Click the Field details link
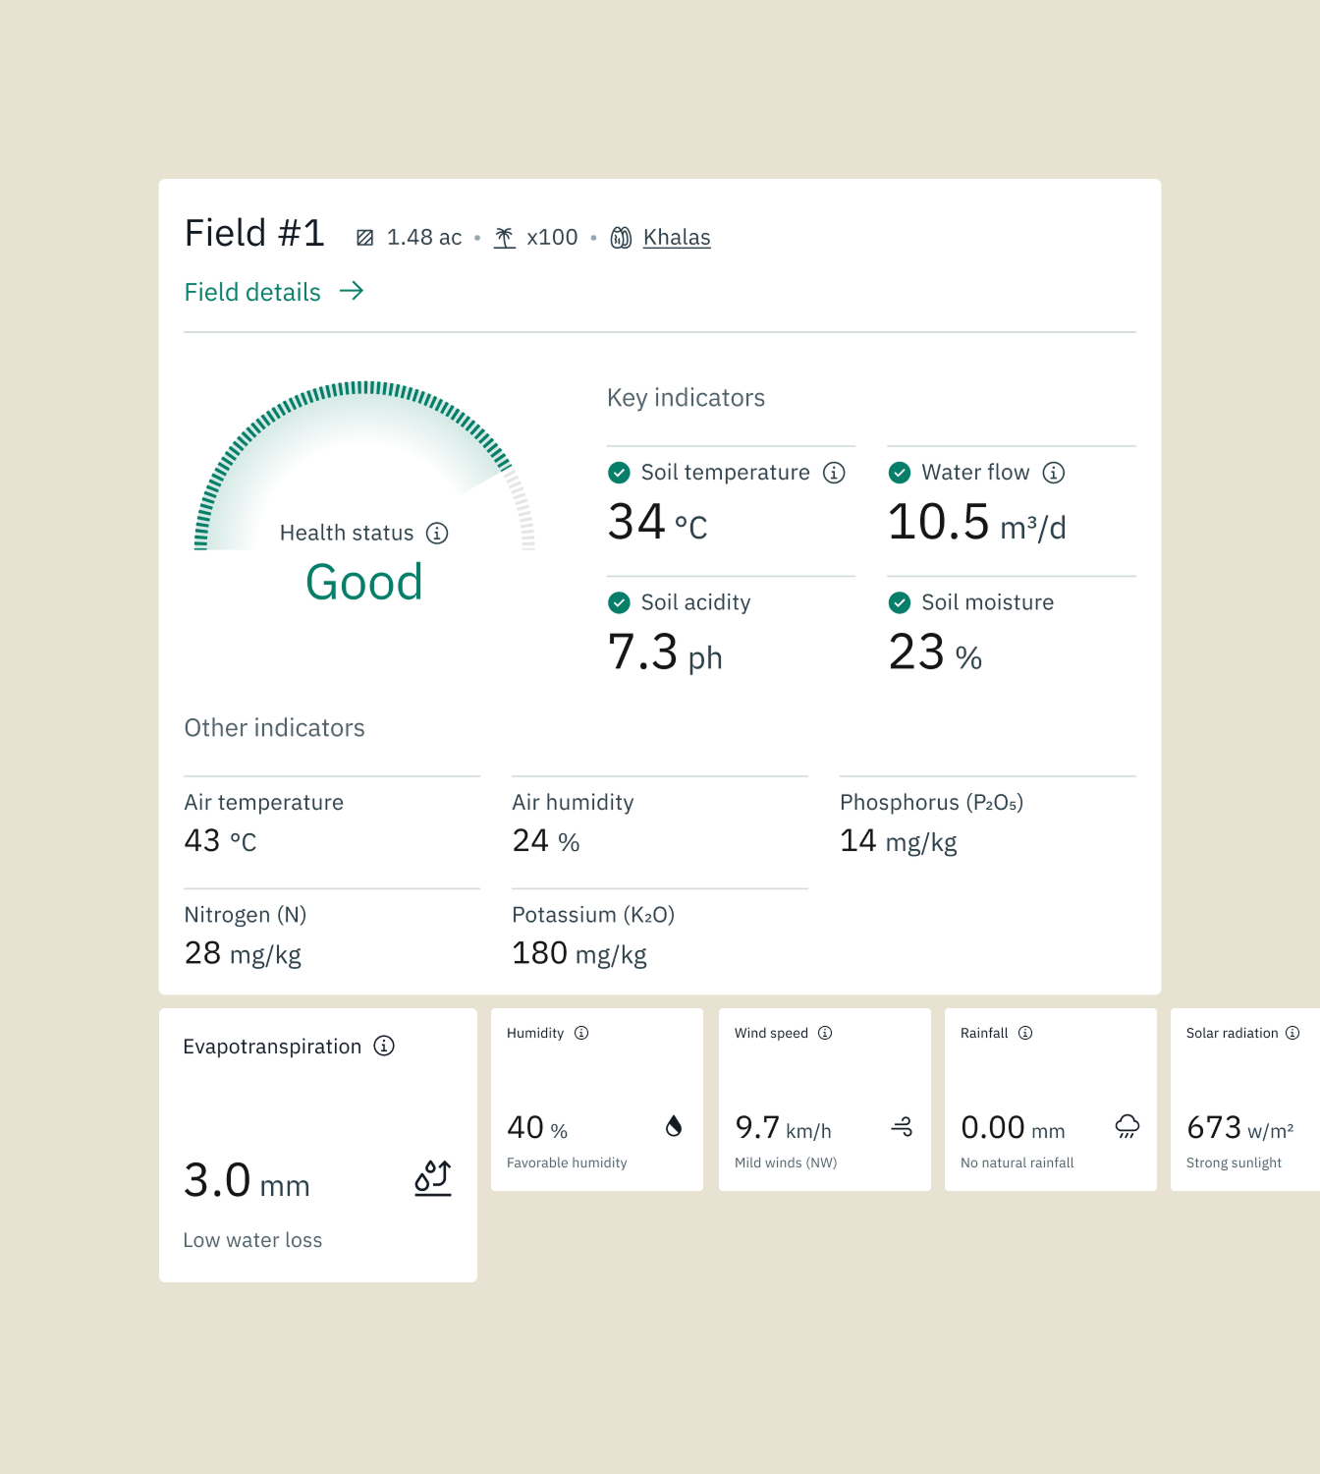coord(252,292)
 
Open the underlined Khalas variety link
coord(676,238)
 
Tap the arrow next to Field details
coord(352,291)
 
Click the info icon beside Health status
coord(437,533)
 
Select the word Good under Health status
coord(364,582)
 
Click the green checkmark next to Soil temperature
coord(619,473)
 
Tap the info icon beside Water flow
coord(1054,473)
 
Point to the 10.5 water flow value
coord(938,522)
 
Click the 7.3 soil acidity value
coord(643,652)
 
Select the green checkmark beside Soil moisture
coord(899,602)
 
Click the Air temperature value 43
coord(202,841)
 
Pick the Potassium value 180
coord(539,953)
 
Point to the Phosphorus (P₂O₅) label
coord(931,803)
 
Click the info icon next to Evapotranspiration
coord(384,1046)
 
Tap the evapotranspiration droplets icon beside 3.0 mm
coord(433,1177)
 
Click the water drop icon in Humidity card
coord(674,1126)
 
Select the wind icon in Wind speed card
coord(902,1127)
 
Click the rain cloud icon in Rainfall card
coord(1127,1126)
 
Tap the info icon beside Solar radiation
coord(1292,1033)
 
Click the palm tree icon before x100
coord(505,238)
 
